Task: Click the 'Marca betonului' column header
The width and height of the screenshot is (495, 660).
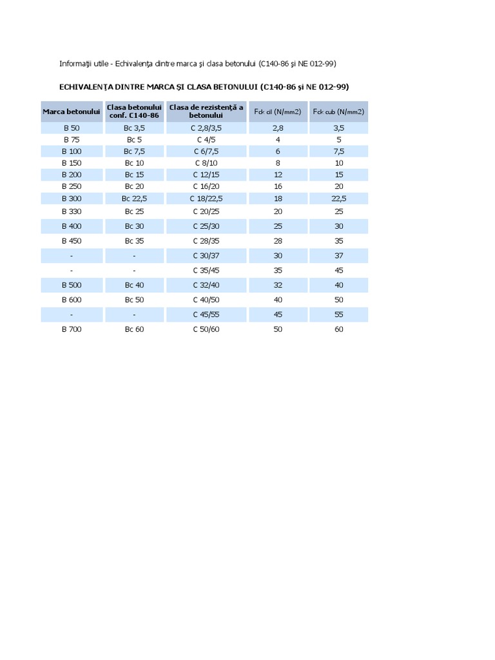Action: point(72,112)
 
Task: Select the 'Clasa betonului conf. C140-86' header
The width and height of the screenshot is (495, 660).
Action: point(134,112)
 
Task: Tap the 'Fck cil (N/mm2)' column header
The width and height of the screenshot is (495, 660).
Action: point(278,112)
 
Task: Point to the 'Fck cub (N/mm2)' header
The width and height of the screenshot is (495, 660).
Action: point(338,112)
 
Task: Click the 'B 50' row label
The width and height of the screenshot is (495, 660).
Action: point(72,128)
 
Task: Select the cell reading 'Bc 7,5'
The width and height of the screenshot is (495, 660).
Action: point(134,151)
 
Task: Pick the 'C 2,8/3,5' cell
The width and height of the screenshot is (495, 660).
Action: point(206,128)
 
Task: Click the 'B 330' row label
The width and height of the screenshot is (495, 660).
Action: point(72,211)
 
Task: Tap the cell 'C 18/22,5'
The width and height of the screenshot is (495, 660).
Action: point(206,199)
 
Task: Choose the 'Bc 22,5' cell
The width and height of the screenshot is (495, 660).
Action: point(134,199)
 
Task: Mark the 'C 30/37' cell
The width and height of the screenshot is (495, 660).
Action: point(206,256)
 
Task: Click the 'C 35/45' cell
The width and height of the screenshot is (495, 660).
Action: point(206,271)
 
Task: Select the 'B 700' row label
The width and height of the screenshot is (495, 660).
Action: point(72,329)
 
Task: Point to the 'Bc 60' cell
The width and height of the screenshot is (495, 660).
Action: point(134,329)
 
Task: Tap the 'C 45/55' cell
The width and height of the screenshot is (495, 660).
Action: point(206,315)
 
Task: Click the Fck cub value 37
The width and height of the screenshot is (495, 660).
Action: point(339,256)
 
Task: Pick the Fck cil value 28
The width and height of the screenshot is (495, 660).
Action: point(278,241)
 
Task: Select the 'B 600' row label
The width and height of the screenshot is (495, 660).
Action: point(72,300)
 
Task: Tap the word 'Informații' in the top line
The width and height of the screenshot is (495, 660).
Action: point(75,64)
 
